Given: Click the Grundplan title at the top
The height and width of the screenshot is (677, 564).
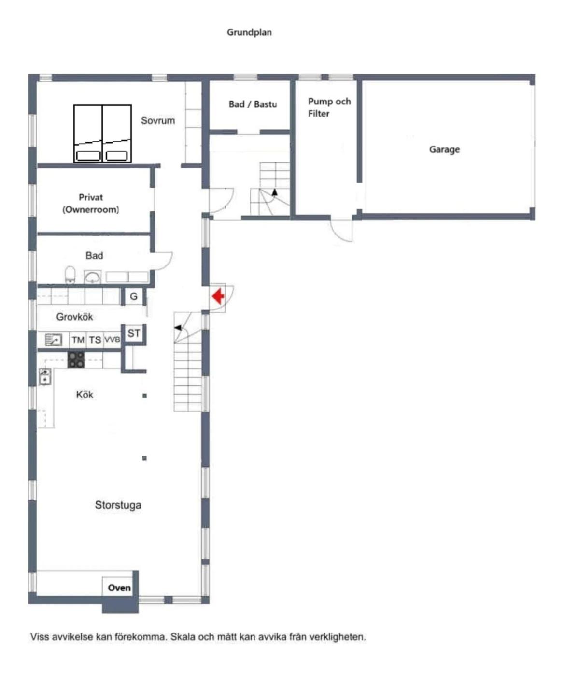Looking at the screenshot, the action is tap(249, 32).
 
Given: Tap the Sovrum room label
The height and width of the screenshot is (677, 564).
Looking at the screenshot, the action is tap(158, 120).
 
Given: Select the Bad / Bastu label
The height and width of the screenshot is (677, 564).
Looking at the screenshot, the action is tap(253, 104).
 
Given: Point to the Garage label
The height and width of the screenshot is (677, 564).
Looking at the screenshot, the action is tap(444, 149).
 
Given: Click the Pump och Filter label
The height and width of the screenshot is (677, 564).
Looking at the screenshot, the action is tap(329, 107).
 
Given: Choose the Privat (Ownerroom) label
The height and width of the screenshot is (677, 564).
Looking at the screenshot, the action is tap(91, 203).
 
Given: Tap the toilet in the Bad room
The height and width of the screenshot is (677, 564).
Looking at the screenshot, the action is tap(70, 275).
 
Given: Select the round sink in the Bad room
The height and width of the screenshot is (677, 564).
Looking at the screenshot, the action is tap(93, 277).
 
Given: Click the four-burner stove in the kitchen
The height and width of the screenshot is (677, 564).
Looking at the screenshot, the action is tap(76, 360).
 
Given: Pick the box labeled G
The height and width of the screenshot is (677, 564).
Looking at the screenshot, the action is tap(133, 296).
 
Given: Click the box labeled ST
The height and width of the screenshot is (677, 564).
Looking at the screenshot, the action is tap(134, 333).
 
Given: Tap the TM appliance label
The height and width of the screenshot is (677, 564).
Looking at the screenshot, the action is tap(78, 340).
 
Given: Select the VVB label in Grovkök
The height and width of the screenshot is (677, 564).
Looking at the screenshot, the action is tap(113, 339).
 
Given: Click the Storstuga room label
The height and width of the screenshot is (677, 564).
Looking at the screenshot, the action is tap(118, 505).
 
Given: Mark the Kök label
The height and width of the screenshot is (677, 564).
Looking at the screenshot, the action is tap(85, 395).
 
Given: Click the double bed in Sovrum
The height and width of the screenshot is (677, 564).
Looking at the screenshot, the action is tap(102, 133).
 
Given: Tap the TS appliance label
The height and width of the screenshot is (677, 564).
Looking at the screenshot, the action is tap(95, 340).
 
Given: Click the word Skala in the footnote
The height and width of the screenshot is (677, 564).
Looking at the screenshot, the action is tap(183, 636).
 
